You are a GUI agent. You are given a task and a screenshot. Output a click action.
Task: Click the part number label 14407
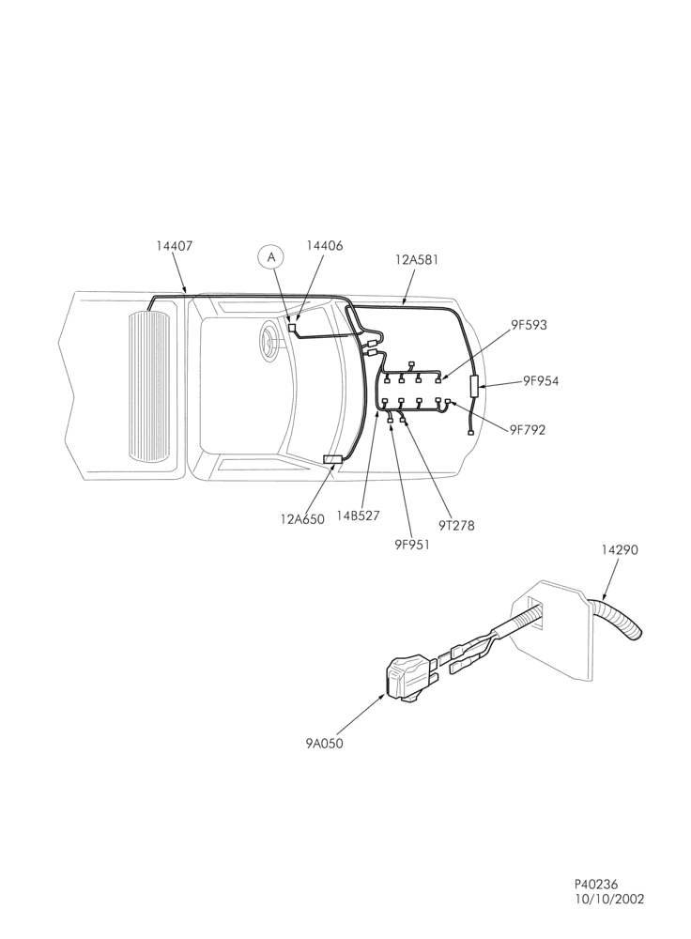point(175,245)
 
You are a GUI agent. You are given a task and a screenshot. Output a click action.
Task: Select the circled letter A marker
point(271,257)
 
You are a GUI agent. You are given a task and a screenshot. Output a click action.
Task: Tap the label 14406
point(325,245)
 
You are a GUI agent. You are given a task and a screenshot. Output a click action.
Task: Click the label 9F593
point(529,325)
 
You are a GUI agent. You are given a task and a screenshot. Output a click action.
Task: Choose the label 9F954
point(541,381)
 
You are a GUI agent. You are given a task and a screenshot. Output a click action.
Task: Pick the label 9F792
point(528,430)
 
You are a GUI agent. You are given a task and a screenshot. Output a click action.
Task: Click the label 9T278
point(456,526)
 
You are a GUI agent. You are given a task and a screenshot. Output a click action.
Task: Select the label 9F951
point(412,545)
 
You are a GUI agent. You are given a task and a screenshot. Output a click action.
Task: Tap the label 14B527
point(358,516)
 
